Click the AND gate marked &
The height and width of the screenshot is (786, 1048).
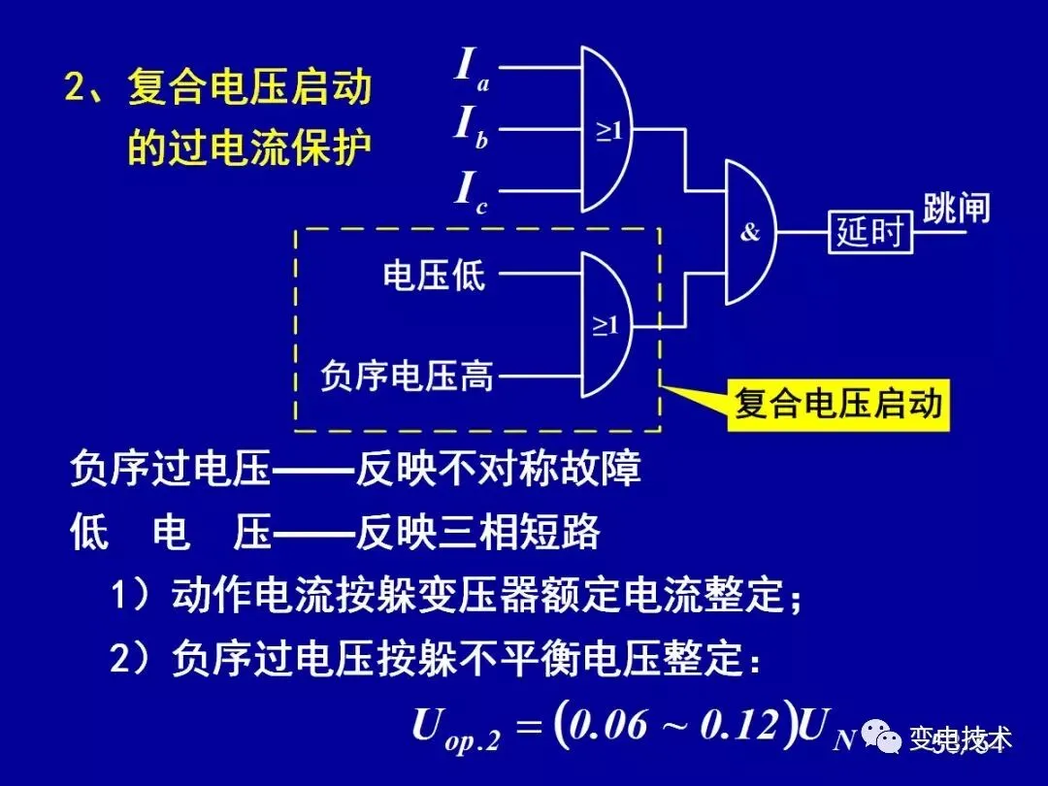pyautogui.click(x=750, y=233)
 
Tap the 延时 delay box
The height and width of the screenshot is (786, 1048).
pyautogui.click(x=870, y=233)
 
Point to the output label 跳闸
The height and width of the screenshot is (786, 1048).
pyautogui.click(x=956, y=209)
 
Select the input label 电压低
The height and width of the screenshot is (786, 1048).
pyautogui.click(x=434, y=277)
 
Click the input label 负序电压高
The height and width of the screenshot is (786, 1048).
pyautogui.click(x=407, y=375)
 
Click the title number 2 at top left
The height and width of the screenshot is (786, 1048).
pyautogui.click(x=77, y=90)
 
